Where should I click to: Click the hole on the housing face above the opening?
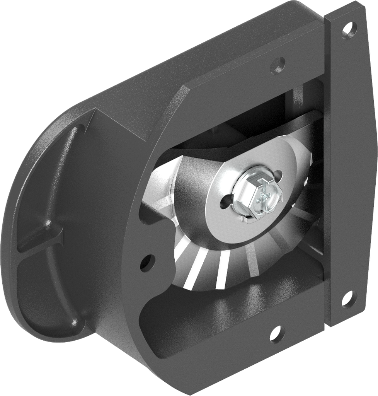(277, 63)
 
